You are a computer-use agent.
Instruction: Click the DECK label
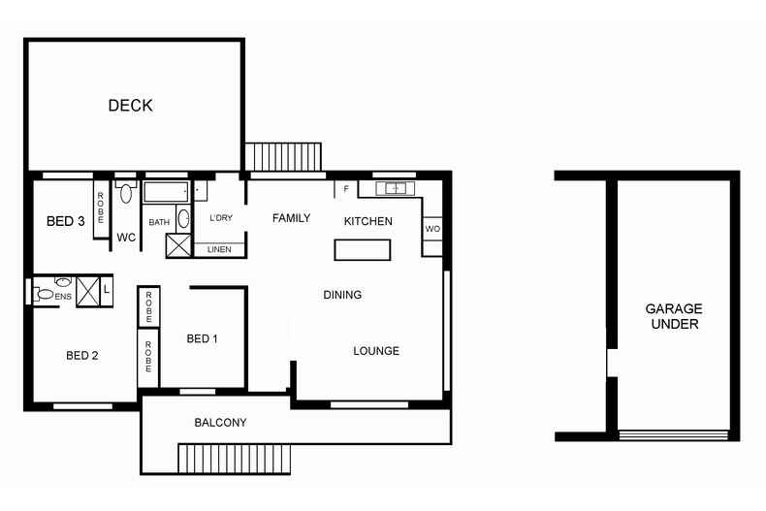(x=130, y=106)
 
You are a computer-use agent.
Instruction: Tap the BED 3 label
(x=66, y=222)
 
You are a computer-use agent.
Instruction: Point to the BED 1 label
(x=202, y=338)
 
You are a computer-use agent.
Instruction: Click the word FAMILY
(x=290, y=218)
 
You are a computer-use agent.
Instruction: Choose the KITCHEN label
(x=368, y=221)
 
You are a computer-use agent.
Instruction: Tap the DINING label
(x=342, y=295)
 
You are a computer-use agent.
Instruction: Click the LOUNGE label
(x=375, y=351)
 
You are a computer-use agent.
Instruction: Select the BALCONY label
(x=220, y=423)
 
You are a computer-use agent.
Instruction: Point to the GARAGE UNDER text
(x=672, y=317)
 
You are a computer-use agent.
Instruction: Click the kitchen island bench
(x=363, y=250)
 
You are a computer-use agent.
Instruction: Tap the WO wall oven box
(x=432, y=228)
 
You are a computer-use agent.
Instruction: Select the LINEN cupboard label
(x=220, y=249)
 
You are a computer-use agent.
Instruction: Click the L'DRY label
(x=222, y=219)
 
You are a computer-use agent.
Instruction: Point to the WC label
(x=126, y=237)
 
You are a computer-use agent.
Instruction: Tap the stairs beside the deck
(x=283, y=155)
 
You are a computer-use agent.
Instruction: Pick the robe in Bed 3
(x=101, y=206)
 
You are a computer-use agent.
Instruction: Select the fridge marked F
(x=346, y=189)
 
